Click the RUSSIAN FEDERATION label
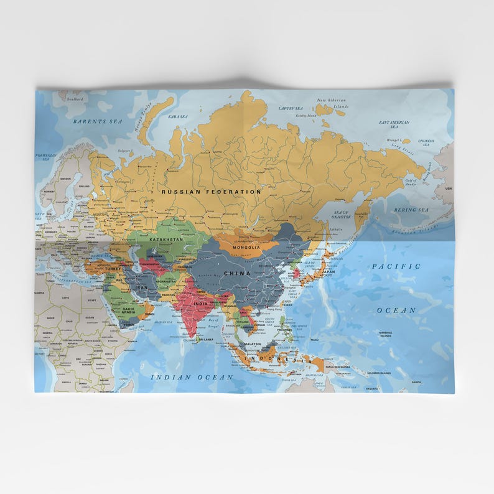tap(212, 192)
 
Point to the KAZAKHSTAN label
tap(166, 239)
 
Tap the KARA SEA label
tap(178, 116)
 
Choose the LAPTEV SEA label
tap(290, 108)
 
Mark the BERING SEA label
tap(411, 210)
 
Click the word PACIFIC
tap(396, 266)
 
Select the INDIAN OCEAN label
tap(192, 377)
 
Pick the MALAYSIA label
tap(252, 344)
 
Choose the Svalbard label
tap(75, 98)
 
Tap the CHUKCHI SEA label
tap(426, 142)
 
